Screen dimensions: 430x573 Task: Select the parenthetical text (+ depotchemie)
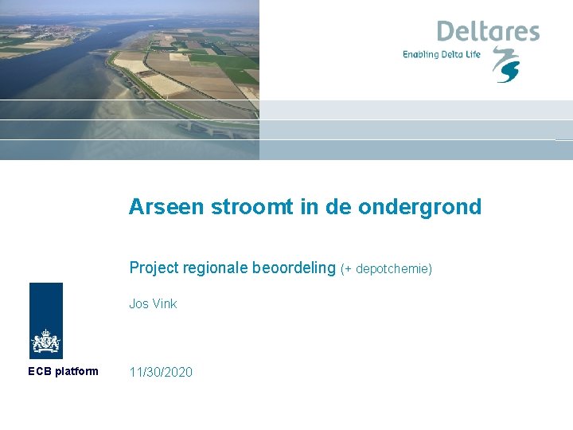(386, 269)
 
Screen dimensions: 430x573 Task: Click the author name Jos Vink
(153, 303)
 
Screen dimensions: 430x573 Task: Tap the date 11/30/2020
(161, 372)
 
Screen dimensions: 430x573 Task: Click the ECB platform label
(63, 371)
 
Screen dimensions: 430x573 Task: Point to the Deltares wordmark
(487, 32)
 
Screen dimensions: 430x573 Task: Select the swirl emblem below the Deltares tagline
(505, 65)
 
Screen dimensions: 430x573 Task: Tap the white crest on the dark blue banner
(45, 342)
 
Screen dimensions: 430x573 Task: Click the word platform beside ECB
(77, 371)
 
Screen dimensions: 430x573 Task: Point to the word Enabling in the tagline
(420, 54)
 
